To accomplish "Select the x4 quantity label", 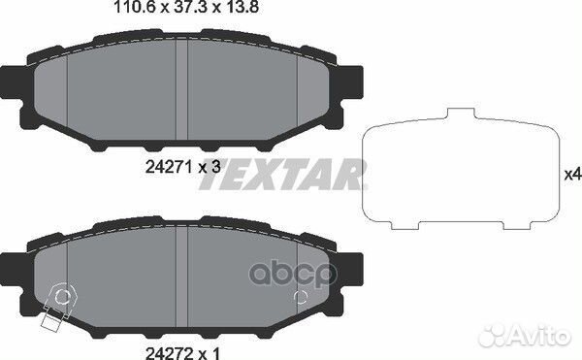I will pos(571,175).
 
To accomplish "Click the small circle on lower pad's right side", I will pos(300,297).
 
